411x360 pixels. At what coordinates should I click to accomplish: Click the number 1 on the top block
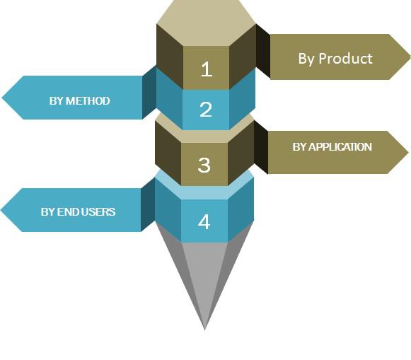click(x=207, y=69)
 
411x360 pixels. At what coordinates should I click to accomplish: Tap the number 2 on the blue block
click(x=206, y=109)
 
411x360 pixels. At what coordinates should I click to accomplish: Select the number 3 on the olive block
click(x=204, y=165)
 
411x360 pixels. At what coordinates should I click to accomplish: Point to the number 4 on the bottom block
click(x=204, y=221)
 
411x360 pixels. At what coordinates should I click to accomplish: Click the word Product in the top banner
click(x=345, y=58)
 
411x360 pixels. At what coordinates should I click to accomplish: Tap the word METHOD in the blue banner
click(x=88, y=101)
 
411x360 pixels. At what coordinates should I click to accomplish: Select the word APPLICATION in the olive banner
click(x=340, y=146)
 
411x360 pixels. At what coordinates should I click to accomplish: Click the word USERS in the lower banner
click(x=98, y=211)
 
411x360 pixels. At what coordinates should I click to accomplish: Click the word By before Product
click(x=306, y=59)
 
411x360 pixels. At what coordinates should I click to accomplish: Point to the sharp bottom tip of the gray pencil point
click(x=204, y=330)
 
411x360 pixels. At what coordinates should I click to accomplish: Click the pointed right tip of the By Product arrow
click(x=410, y=57)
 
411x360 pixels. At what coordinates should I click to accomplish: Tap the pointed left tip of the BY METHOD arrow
click(x=2, y=98)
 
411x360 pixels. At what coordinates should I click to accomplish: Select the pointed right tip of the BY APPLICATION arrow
click(x=408, y=152)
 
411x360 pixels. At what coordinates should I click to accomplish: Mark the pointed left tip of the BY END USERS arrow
click(x=1, y=210)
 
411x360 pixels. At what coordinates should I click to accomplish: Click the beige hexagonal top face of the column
click(x=206, y=22)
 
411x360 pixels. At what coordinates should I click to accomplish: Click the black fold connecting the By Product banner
click(x=263, y=52)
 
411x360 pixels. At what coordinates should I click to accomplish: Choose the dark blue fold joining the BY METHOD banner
click(x=149, y=92)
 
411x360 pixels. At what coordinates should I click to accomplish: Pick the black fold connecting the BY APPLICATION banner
click(x=261, y=147)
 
